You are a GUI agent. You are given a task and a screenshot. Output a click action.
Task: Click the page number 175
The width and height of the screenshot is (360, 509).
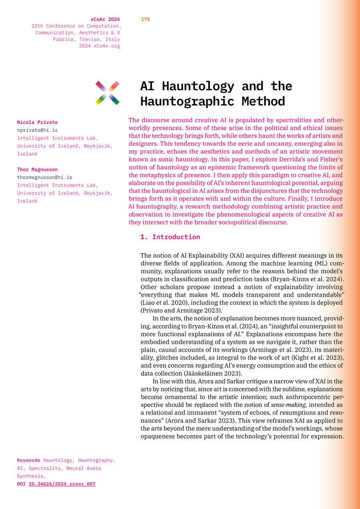pyautogui.click(x=145, y=19)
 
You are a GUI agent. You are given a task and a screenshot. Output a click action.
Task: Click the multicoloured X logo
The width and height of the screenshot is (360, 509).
pyautogui.click(x=107, y=93)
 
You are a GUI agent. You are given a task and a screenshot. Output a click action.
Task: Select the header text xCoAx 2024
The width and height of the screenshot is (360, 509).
pyautogui.click(x=105, y=19)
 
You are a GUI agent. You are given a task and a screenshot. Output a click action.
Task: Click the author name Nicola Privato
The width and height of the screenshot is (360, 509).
pyautogui.click(x=37, y=123)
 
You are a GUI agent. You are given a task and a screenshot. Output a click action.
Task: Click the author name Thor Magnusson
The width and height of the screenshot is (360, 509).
pyautogui.click(x=38, y=170)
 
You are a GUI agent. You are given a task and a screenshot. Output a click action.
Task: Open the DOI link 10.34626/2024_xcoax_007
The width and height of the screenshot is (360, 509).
pyautogui.click(x=62, y=484)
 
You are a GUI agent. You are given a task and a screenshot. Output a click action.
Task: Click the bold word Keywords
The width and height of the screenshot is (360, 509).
pyautogui.click(x=28, y=460)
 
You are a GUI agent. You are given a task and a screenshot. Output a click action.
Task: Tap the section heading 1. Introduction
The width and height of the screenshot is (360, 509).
pyautogui.click(x=170, y=237)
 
